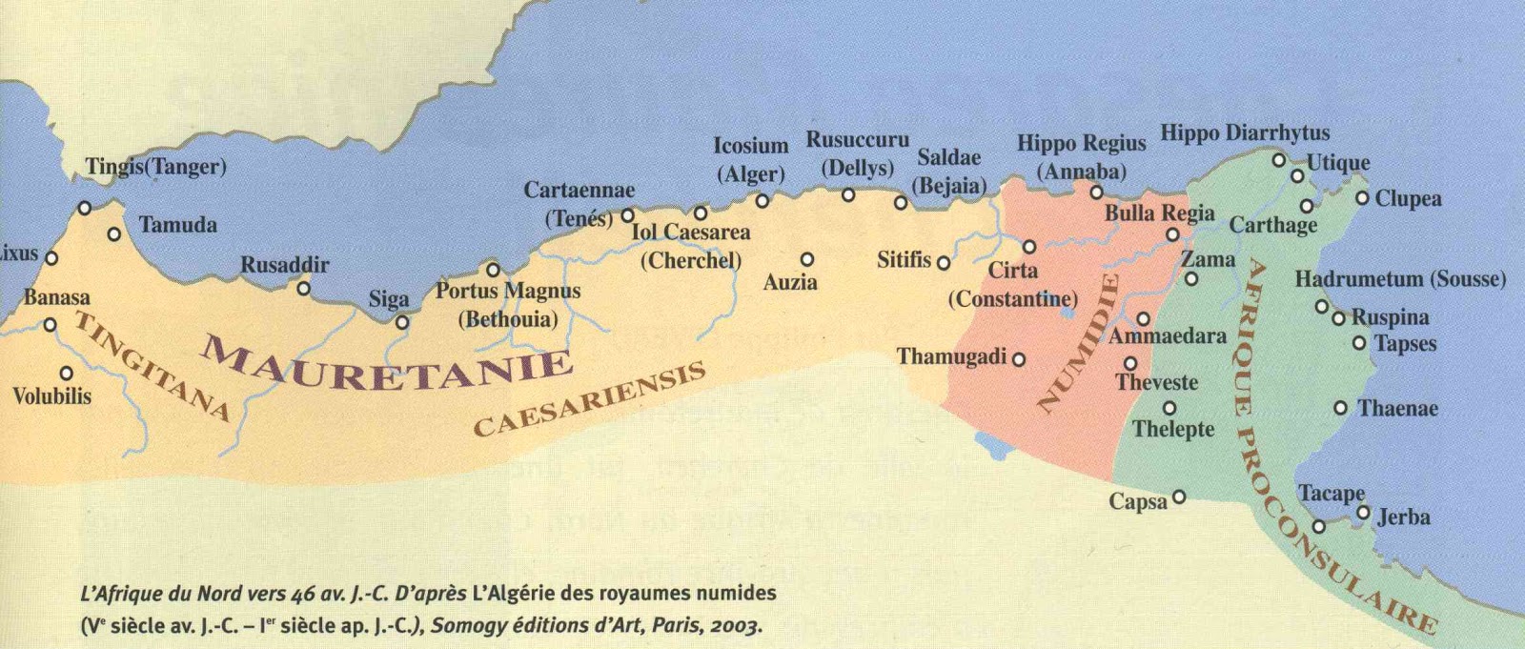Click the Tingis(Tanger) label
(155, 167)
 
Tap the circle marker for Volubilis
(67, 374)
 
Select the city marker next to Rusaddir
(304, 288)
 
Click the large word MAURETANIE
(386, 365)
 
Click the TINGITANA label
(152, 366)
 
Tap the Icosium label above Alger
(751, 146)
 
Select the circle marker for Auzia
(807, 259)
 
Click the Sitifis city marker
(944, 262)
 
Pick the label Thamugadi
(951, 356)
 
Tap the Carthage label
(1272, 225)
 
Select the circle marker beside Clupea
(1362, 198)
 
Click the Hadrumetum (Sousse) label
(1399, 279)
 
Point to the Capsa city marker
(1179, 497)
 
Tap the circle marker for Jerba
(1363, 513)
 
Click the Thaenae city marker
(1340, 408)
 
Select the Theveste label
(1156, 383)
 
